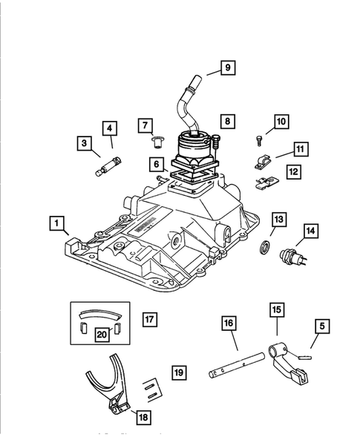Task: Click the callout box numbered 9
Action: [228, 68]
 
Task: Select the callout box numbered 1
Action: [57, 223]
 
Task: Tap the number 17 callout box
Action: [150, 319]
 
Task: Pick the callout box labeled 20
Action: [102, 334]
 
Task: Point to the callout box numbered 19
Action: [179, 372]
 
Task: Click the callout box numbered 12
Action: [294, 171]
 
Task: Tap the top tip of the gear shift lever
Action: [197, 76]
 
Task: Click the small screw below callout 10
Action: [259, 141]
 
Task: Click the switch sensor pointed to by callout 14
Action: [292, 257]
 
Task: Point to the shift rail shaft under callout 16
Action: [237, 365]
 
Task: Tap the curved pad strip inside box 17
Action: [101, 314]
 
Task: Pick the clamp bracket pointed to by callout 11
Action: [263, 162]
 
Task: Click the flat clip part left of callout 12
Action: [267, 183]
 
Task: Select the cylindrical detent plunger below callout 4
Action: [109, 167]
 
